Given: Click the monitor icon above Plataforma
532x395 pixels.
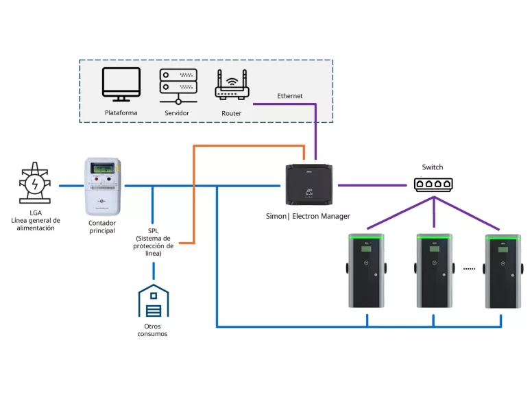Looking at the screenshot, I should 121,84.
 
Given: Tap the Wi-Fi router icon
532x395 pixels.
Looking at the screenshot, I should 232,86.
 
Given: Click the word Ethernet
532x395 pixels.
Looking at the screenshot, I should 290,96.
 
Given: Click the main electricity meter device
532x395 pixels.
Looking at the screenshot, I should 102,187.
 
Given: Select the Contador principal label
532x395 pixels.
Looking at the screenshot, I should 102,227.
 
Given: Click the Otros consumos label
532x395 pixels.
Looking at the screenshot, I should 152,331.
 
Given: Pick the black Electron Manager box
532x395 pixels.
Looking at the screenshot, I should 311,184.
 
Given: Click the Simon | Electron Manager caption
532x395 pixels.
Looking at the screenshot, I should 308,216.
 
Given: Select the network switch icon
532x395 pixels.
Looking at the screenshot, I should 433,184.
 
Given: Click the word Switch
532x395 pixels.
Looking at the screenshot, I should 433,167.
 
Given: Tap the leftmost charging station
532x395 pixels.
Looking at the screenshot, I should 367,271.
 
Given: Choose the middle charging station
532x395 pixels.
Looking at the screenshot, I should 434,271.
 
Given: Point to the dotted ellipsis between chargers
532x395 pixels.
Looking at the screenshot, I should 469,269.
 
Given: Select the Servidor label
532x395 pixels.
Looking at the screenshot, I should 177,113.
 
